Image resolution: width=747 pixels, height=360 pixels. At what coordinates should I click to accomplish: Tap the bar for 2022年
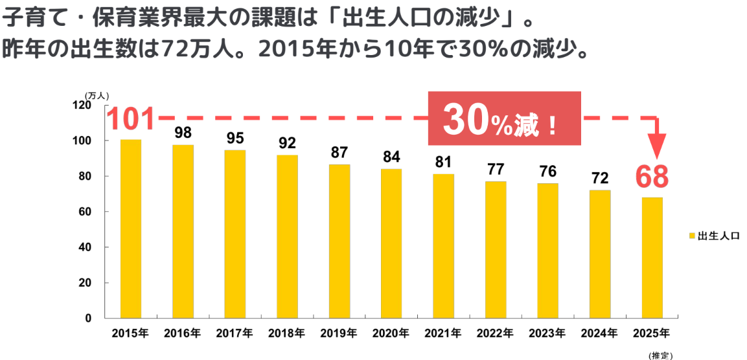coord(496,249)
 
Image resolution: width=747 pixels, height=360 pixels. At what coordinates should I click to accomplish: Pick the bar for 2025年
coord(652,258)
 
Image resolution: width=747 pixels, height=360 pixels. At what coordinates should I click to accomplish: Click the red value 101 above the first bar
coord(131,120)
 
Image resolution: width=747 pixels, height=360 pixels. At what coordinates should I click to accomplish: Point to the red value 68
coord(651,177)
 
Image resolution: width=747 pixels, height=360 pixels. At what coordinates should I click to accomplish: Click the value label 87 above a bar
coord(339,153)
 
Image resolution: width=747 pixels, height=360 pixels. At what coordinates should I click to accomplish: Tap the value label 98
coord(183,133)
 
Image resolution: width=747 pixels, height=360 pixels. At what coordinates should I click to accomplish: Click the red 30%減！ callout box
coord(504,118)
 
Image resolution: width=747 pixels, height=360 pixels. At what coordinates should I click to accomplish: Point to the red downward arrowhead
coord(658,147)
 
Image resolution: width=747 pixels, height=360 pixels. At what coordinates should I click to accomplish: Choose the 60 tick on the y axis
coord(85,212)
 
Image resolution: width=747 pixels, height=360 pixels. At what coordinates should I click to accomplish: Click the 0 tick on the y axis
coord(89,319)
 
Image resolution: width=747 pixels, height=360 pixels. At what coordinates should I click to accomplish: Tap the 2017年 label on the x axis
coord(235,333)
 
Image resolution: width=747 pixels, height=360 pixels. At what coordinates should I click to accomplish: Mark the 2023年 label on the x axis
coord(547,333)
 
